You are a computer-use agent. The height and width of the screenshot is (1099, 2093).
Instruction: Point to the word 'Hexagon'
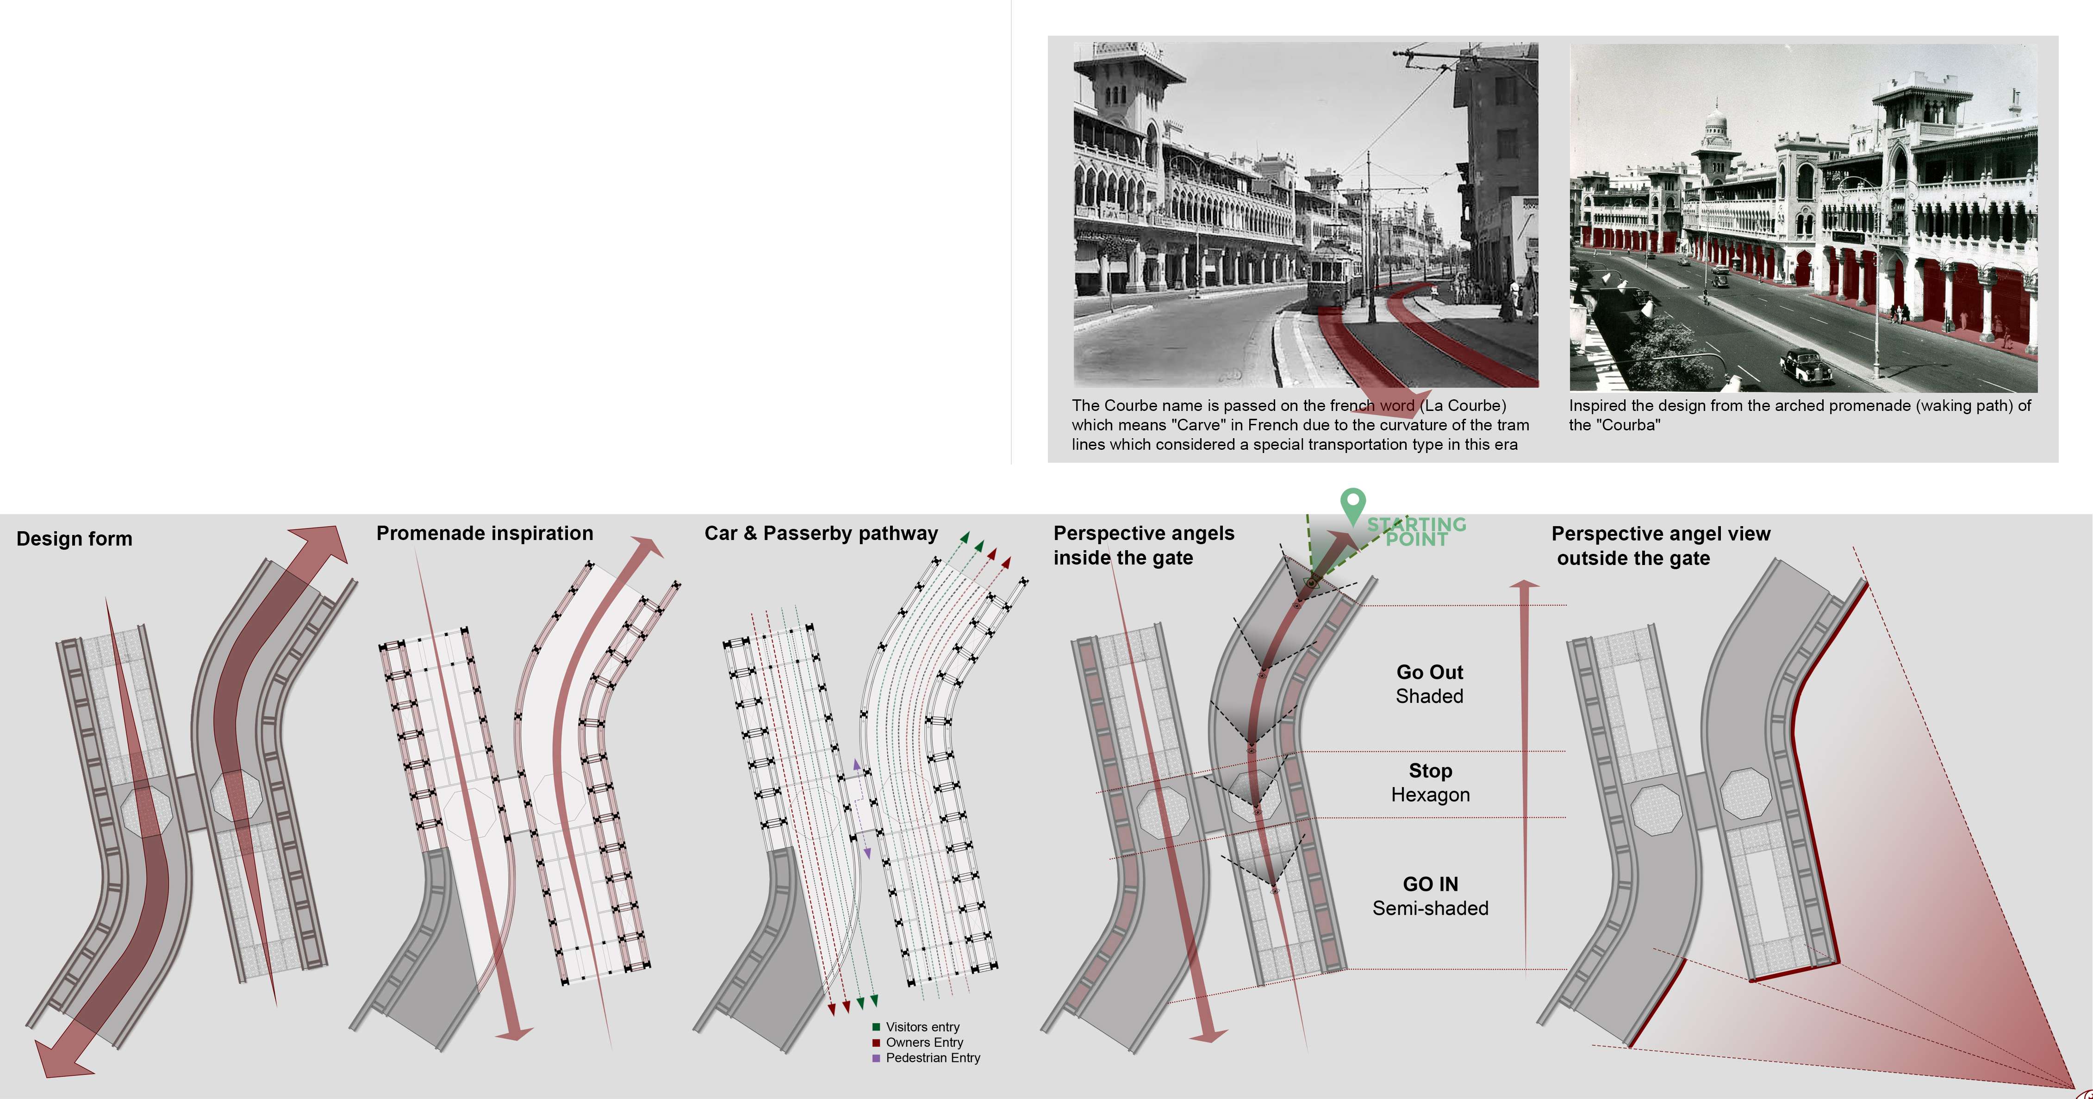pos(1430,795)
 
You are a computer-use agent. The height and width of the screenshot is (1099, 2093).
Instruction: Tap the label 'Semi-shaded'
pos(1430,908)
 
